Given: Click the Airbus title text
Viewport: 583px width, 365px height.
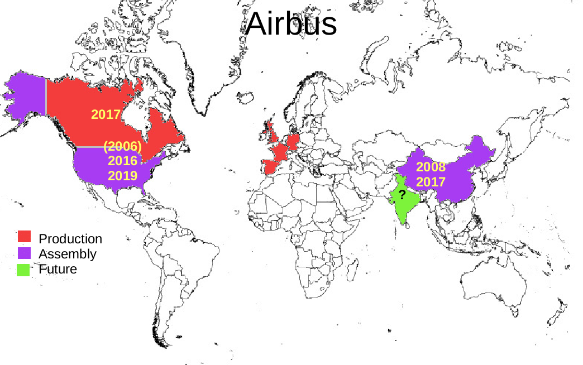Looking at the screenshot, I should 291,24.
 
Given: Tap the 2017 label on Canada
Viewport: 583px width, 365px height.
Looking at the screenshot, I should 106,114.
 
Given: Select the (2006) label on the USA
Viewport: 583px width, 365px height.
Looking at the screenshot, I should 122,147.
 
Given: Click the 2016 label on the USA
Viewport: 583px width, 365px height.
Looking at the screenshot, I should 122,161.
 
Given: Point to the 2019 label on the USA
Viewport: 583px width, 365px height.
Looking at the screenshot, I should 122,176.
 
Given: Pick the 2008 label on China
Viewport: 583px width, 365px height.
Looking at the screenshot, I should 431,167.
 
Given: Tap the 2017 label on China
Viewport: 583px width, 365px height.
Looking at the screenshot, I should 431,181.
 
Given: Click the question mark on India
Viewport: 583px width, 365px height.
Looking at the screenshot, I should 402,195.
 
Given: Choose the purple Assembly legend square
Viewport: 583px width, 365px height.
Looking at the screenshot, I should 25,253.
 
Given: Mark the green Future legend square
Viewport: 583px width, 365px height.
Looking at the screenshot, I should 25,270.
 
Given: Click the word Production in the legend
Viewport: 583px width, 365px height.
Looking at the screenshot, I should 70,239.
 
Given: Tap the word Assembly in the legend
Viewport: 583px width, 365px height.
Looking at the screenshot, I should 67,254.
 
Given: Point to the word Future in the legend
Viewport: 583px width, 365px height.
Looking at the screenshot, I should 58,269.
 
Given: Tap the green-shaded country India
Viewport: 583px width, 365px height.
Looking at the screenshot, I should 403,206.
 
